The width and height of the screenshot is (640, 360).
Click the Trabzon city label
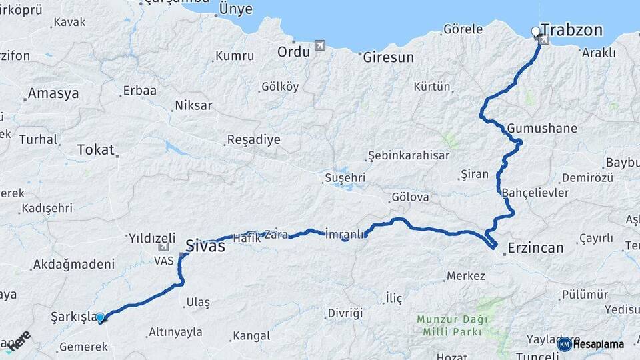click(571, 30)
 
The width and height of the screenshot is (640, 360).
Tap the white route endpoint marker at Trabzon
click(535, 31)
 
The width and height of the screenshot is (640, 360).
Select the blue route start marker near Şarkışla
click(100, 318)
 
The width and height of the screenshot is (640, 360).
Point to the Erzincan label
click(535, 248)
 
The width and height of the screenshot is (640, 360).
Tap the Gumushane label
click(542, 128)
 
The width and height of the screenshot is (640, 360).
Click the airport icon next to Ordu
click(321, 46)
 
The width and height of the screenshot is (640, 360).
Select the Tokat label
click(96, 150)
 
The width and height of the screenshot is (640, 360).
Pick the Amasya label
click(53, 93)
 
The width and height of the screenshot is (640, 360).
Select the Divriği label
click(345, 313)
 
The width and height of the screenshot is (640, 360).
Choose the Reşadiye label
click(253, 140)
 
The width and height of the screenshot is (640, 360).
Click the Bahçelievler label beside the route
click(535, 193)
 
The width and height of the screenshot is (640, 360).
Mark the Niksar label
click(193, 105)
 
